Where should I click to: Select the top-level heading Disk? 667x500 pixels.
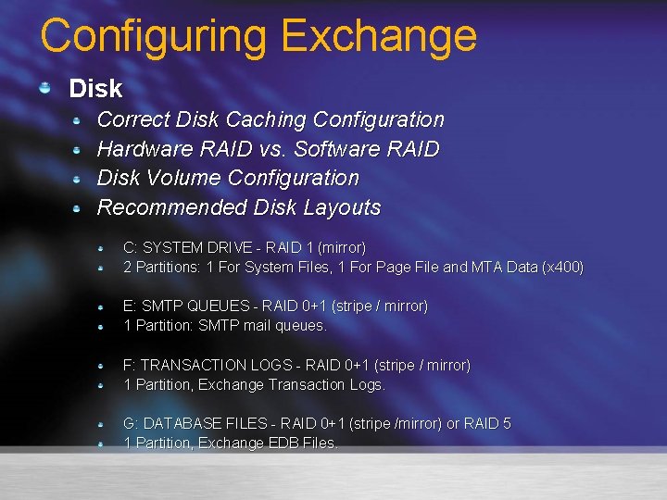point(95,89)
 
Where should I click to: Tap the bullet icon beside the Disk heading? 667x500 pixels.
point(44,88)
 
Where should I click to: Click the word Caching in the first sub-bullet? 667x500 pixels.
point(264,119)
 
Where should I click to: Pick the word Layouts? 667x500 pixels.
point(344,207)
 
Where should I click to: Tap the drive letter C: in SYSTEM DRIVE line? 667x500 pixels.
point(131,248)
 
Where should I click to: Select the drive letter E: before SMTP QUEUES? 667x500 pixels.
point(131,306)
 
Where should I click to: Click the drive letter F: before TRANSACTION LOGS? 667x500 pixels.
point(131,365)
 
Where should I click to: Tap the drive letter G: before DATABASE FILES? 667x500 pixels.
point(132,423)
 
